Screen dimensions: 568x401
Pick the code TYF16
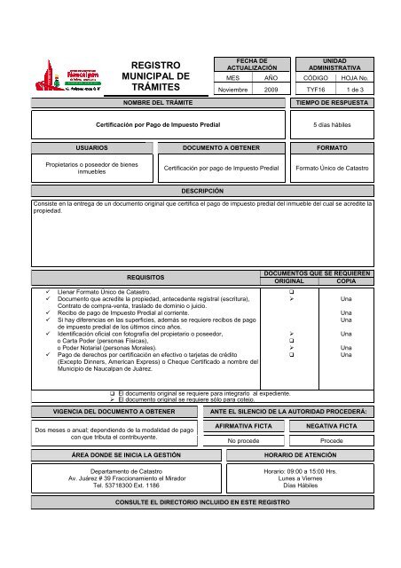click(314, 91)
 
